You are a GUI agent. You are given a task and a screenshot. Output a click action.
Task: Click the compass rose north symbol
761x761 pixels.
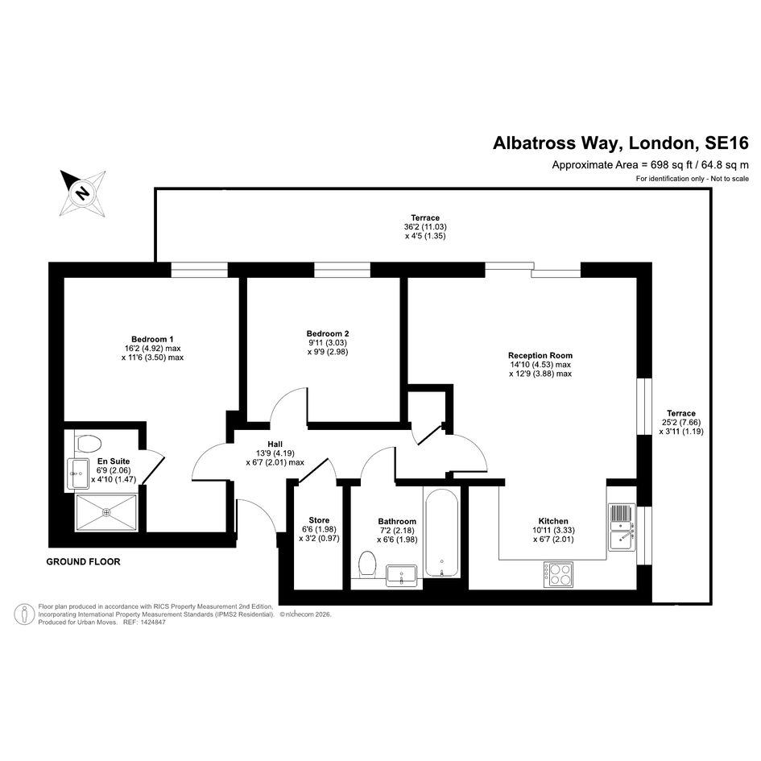(83, 192)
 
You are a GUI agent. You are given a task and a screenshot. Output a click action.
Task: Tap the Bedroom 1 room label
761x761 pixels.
(152, 339)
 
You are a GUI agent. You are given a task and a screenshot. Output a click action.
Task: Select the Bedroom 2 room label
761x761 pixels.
(328, 333)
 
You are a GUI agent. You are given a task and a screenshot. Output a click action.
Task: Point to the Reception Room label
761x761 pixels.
(540, 355)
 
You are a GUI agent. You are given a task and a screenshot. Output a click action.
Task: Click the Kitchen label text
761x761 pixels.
(553, 521)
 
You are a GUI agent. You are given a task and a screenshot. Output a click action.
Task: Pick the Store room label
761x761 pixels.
(319, 519)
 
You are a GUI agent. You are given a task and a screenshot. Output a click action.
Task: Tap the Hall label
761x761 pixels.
(275, 444)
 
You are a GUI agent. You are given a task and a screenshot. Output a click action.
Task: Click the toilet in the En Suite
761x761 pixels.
(87, 443)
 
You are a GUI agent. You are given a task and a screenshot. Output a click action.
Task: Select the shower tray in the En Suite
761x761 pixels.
(106, 512)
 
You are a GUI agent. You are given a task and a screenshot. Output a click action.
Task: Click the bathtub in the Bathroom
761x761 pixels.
(441, 532)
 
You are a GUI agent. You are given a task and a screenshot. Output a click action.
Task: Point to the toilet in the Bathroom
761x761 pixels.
(367, 565)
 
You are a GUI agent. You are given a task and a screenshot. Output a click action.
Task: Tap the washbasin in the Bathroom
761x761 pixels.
(401, 576)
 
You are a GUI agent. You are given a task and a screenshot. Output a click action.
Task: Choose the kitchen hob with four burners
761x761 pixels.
(558, 574)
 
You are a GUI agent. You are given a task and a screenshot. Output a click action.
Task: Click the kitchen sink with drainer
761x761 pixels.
(622, 527)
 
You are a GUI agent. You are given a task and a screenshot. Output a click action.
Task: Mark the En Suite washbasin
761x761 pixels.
(77, 474)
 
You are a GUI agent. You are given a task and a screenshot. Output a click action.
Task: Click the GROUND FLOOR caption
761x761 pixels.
(83, 561)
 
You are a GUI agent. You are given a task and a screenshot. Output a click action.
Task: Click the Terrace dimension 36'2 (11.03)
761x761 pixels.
(425, 226)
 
